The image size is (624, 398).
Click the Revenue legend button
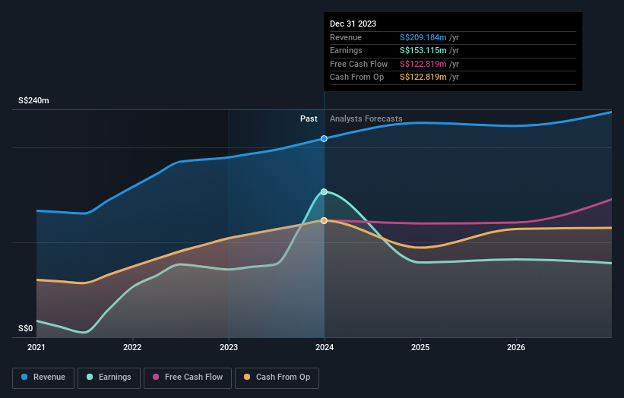click(x=43, y=377)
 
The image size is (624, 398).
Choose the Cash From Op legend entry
click(x=277, y=377)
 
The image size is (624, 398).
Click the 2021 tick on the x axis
click(x=36, y=348)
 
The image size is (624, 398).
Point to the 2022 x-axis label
click(x=132, y=348)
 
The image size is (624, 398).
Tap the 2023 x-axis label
click(x=228, y=348)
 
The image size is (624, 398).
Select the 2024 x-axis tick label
click(x=325, y=348)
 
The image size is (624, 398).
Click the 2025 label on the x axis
click(x=420, y=348)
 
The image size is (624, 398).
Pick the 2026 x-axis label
click(x=516, y=348)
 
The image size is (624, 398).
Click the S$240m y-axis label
click(x=33, y=100)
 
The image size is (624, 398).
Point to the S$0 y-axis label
click(x=26, y=328)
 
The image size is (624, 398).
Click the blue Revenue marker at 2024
click(x=325, y=138)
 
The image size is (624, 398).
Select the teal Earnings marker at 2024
click(x=325, y=191)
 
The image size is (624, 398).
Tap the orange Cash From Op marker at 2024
click(x=325, y=220)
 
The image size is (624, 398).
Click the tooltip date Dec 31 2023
click(x=353, y=24)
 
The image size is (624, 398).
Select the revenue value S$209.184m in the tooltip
click(x=423, y=38)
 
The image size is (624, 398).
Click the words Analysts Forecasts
click(x=366, y=118)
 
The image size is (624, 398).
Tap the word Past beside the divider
click(x=309, y=118)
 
